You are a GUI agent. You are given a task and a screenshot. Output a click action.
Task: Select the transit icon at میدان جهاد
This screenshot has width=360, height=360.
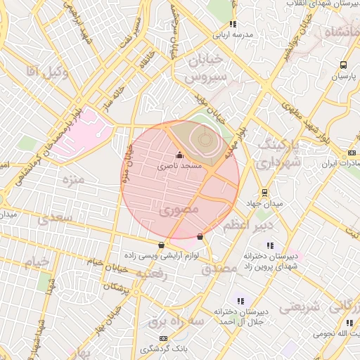tap(264, 192)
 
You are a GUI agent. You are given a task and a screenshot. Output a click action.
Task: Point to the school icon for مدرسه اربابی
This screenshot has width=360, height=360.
tap(233, 24)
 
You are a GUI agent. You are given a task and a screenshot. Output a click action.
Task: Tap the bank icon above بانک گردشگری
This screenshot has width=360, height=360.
tap(163, 338)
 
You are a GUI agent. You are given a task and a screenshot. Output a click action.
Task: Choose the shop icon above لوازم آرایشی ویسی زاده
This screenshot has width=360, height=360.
tap(162, 245)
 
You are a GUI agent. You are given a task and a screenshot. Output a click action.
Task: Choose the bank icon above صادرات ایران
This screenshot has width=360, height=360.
tap(352, 153)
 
